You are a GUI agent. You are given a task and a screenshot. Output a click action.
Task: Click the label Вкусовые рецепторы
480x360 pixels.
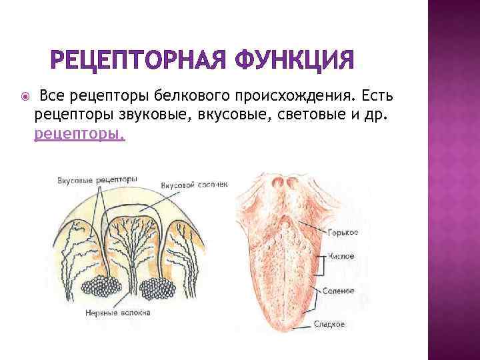coord(97,179)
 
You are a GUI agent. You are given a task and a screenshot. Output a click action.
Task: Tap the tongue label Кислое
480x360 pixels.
coord(341,255)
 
